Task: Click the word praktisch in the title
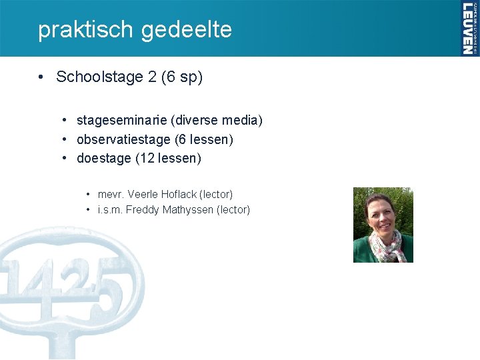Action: point(77,29)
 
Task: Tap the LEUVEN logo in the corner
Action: point(469,28)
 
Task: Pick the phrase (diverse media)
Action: point(217,121)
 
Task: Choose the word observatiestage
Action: point(123,140)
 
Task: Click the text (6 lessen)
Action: point(203,140)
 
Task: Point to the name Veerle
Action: point(141,195)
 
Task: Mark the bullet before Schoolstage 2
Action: point(41,77)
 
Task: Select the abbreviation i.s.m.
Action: point(110,210)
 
